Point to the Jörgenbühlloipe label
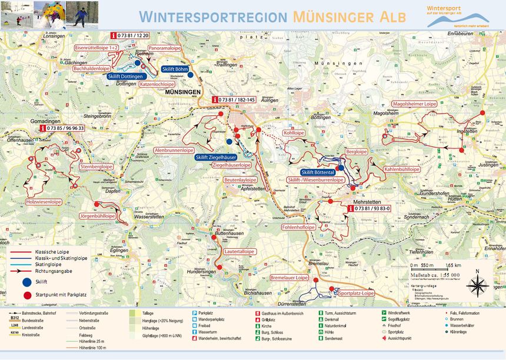tap(97, 216)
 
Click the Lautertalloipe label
tap(240, 251)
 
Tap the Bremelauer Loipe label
tap(289, 277)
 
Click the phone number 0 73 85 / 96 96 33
tap(65, 128)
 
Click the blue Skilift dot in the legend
tap(27, 282)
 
